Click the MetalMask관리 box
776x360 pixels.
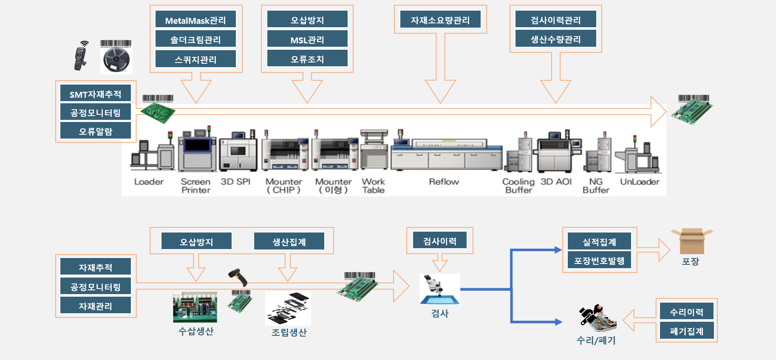tap(195, 20)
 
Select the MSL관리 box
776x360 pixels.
tap(307, 40)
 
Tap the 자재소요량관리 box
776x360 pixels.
tap(440, 20)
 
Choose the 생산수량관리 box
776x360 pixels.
tap(555, 39)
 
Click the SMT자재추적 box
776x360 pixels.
tap(95, 94)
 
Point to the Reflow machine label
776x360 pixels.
tap(444, 182)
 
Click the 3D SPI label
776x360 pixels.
tap(235, 182)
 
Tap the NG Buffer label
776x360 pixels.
tap(596, 186)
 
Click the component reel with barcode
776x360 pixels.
tap(116, 57)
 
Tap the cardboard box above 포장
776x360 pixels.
tap(691, 241)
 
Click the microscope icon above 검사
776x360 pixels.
tap(439, 289)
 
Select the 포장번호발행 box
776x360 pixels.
tap(599, 261)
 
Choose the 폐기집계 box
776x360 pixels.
tap(686, 331)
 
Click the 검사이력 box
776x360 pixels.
tap(439, 241)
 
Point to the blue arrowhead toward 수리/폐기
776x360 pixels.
tap(558, 322)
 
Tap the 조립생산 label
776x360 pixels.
tap(289, 332)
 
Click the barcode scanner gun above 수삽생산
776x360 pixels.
tap(238, 277)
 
